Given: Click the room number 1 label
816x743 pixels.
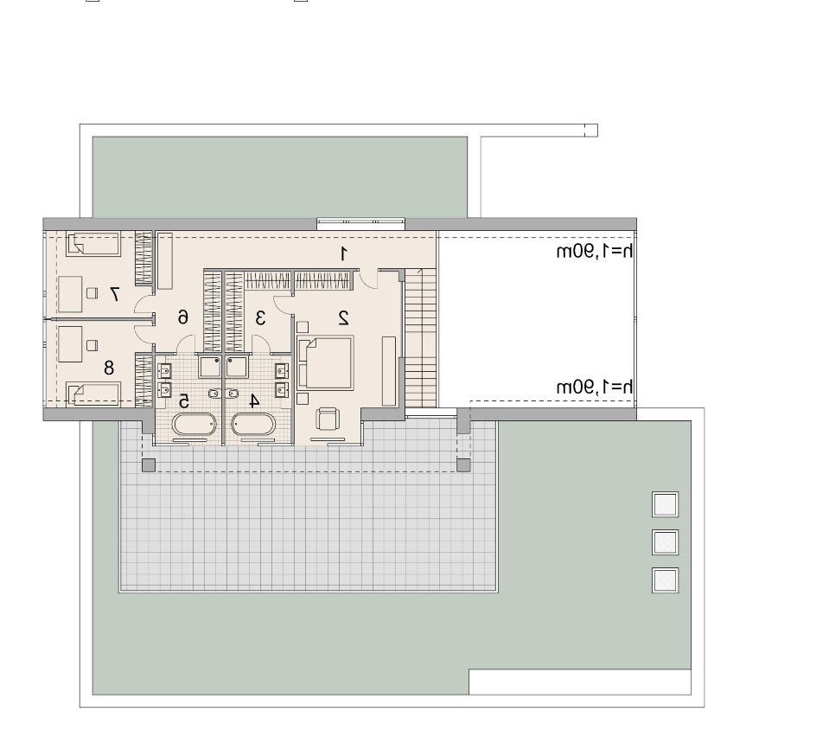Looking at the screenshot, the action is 343,253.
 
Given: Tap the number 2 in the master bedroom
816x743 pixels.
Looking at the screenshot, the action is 343,317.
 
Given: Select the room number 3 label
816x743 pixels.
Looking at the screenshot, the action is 261,317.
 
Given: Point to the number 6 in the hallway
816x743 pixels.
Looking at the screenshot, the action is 182,316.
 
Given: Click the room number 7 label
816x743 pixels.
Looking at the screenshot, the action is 114,294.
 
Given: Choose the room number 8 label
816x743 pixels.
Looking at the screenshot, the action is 109,368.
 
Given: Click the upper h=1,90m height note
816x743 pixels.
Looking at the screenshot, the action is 595,251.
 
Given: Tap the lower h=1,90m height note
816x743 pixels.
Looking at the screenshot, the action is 595,387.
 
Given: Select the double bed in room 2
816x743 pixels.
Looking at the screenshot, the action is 325,362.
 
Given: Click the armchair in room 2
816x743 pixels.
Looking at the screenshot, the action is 328,419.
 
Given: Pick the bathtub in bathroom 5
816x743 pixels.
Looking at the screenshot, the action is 194,425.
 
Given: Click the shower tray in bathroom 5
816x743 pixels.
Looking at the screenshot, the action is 209,367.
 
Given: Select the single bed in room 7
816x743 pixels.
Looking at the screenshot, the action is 93,244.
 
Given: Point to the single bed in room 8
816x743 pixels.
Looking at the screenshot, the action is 93,394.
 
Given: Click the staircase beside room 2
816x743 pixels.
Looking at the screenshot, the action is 420,338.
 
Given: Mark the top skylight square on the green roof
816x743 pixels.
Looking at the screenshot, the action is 665,504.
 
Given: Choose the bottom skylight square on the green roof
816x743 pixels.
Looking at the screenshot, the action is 665,580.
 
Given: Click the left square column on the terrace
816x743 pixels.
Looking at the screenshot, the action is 149,465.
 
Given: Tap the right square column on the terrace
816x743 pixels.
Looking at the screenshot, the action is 463,465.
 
